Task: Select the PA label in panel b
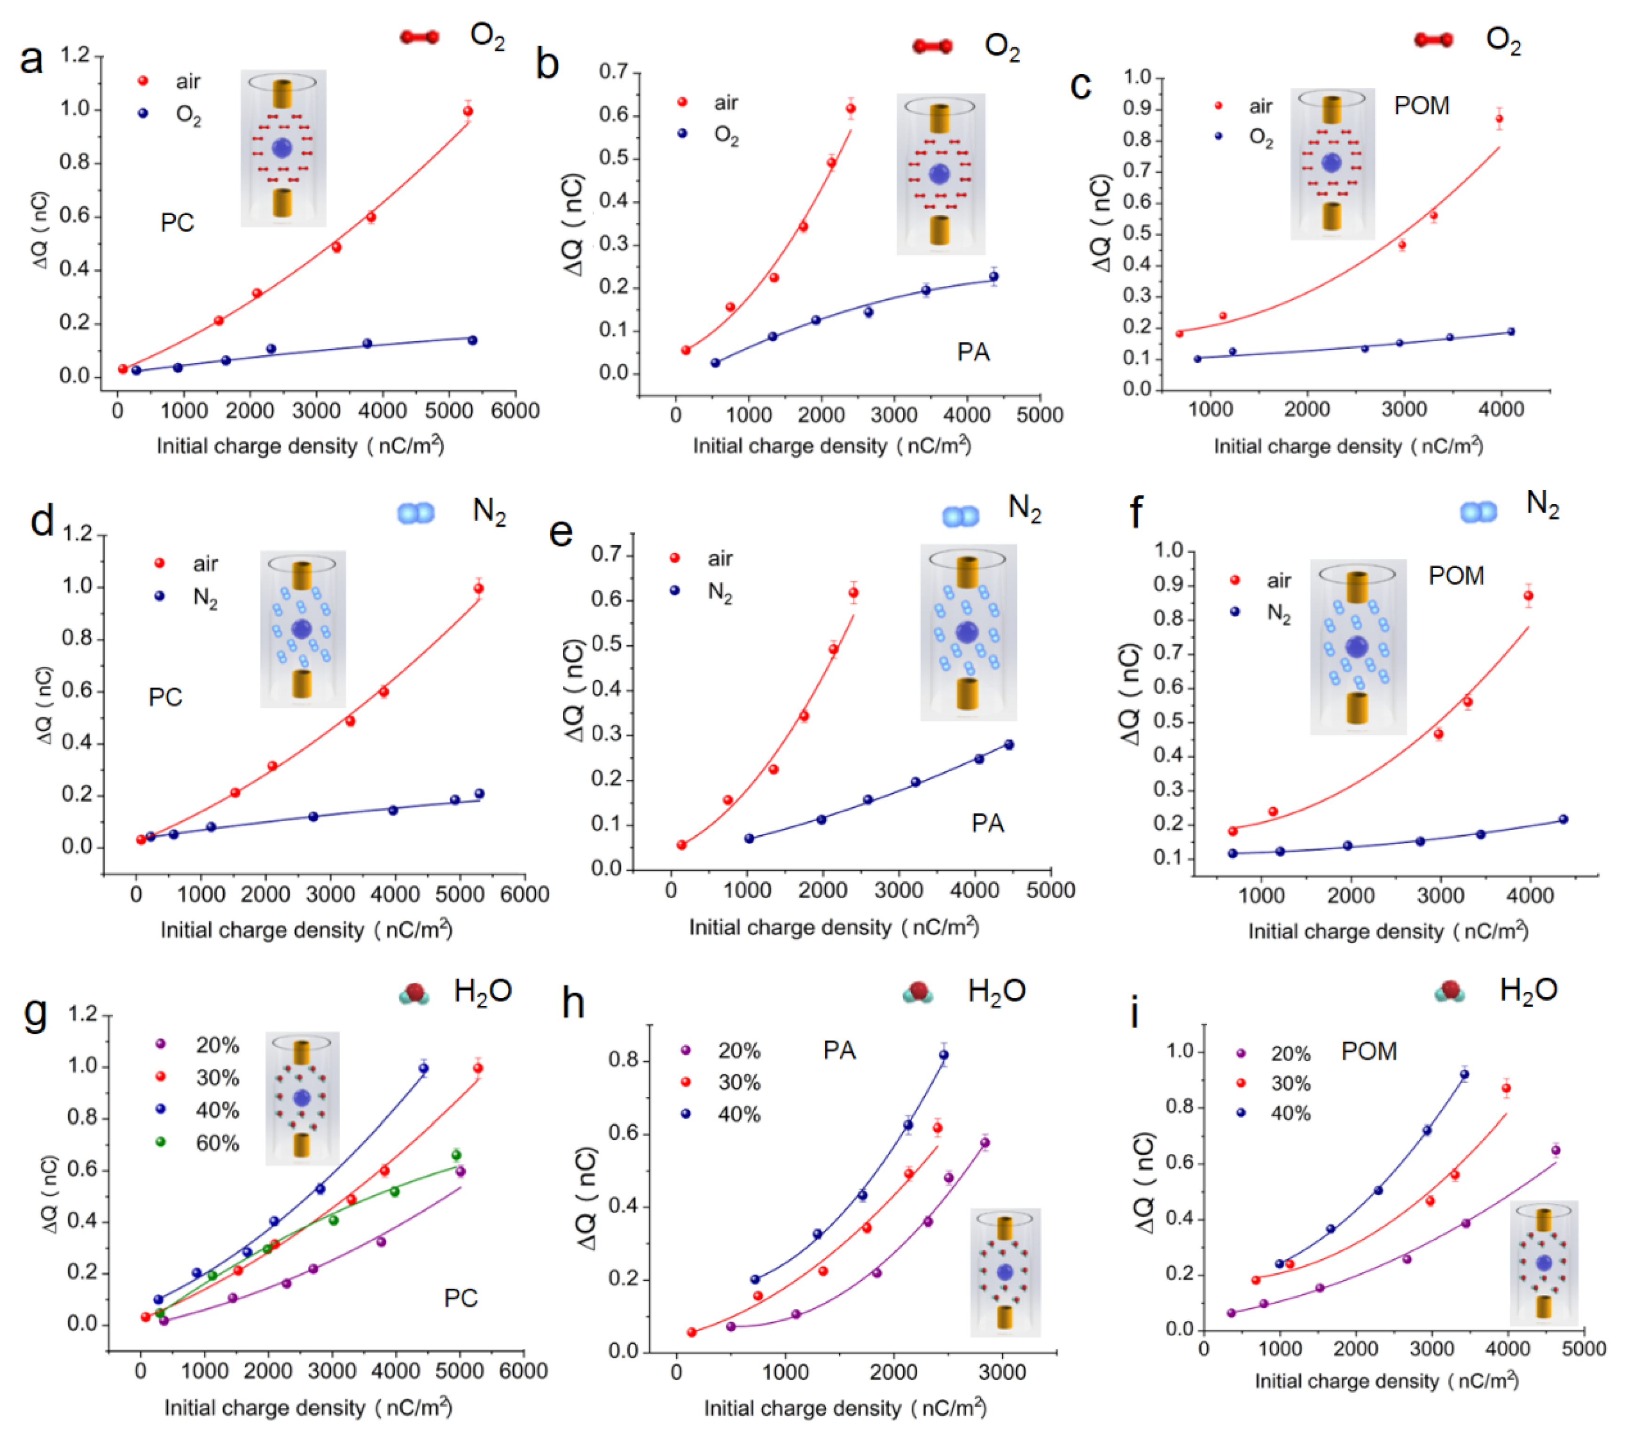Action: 973,352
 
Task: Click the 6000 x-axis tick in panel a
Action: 515,411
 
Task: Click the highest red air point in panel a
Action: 468,111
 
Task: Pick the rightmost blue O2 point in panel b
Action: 994,277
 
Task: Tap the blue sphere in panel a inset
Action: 282,148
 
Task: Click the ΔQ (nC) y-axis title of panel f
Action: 1131,694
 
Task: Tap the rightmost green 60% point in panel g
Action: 456,1155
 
